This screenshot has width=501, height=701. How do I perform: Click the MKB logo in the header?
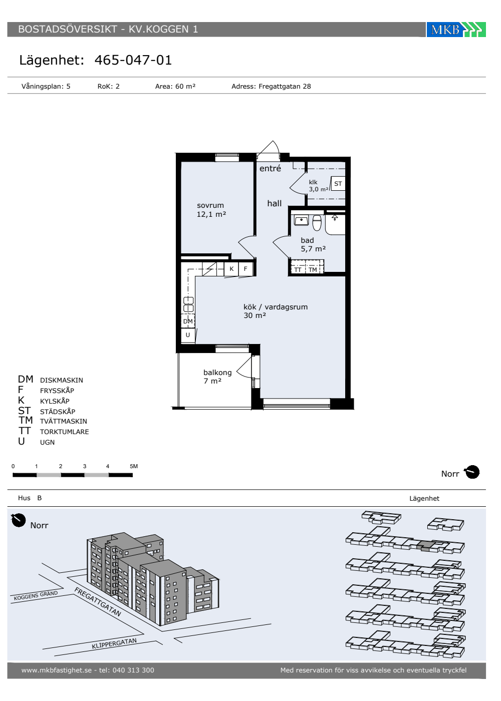(456, 30)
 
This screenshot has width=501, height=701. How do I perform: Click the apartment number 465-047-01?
(133, 60)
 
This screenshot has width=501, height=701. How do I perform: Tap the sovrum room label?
(210, 205)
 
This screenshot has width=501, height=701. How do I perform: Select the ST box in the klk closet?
(338, 184)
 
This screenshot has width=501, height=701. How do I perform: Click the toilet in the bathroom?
(317, 222)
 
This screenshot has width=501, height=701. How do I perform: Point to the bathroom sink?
(301, 220)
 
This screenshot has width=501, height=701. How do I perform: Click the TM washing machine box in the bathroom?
(313, 269)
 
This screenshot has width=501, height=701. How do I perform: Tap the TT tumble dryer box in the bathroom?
(298, 269)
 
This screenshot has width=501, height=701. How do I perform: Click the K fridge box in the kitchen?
(231, 269)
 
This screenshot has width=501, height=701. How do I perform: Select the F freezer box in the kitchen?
(245, 269)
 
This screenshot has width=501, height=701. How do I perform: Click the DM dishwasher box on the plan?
(188, 321)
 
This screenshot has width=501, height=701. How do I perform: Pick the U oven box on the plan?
(188, 335)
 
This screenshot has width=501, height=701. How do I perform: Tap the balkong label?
(217, 373)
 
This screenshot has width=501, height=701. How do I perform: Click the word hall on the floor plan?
(275, 203)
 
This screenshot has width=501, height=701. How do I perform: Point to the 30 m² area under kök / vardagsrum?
(255, 315)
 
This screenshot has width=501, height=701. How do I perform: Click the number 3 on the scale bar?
(85, 466)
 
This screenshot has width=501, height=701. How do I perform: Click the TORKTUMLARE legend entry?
(65, 432)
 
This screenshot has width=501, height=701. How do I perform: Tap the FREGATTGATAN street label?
(98, 602)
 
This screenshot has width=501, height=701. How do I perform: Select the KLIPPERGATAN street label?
(114, 643)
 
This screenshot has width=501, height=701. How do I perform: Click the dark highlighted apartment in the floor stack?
(426, 545)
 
